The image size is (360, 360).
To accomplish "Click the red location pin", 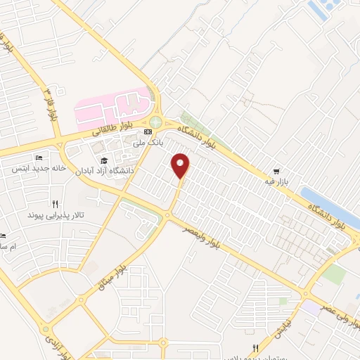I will coord(181,165).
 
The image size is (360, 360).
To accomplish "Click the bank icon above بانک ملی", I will coord(148,131).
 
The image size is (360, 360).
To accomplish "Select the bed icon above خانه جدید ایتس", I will coord(39,158).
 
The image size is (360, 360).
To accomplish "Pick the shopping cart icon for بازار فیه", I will coord(278,171).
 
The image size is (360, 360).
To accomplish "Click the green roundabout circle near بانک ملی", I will coord(155,123).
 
